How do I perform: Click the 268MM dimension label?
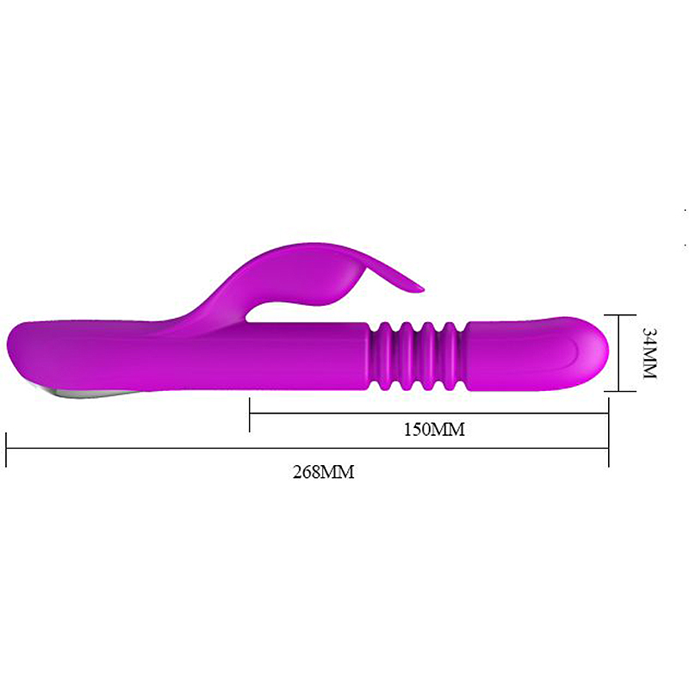(324, 472)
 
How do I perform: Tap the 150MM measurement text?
(434, 429)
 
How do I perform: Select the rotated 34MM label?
(649, 353)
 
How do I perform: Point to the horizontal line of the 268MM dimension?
(307, 449)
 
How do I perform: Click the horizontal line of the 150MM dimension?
(429, 413)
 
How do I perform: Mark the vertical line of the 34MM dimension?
(618, 353)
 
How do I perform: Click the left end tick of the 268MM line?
(6, 450)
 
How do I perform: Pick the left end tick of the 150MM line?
(250, 414)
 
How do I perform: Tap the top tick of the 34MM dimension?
(620, 315)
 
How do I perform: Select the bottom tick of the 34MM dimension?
(620, 391)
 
